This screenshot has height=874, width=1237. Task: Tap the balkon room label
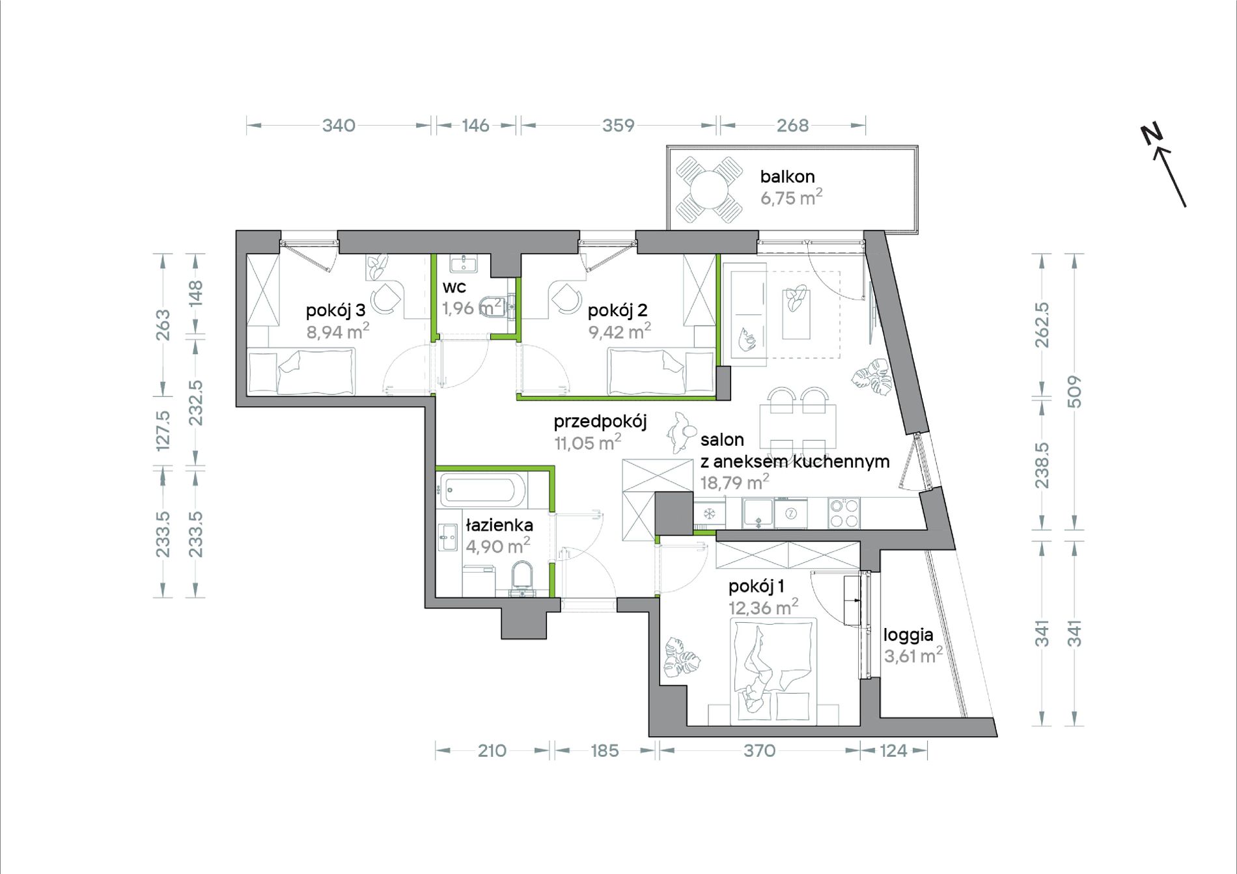tap(787, 176)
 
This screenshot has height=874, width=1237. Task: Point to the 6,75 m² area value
tap(791, 197)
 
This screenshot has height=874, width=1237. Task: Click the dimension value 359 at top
tap(618, 125)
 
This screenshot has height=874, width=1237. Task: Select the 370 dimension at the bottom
tap(759, 750)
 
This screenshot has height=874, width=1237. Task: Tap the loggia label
tap(908, 635)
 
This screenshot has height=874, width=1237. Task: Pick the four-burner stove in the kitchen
tap(844, 513)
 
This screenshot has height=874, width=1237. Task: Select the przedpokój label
tap(600, 422)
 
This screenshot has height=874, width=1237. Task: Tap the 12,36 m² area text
tap(764, 607)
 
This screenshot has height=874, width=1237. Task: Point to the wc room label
tap(454, 287)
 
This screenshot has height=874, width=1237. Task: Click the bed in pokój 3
tap(301, 372)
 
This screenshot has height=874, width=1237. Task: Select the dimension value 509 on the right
tap(1075, 392)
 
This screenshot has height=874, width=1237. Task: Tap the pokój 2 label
tap(617, 310)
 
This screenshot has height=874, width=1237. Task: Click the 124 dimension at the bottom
tap(893, 750)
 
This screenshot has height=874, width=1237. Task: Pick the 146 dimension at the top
tap(475, 125)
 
